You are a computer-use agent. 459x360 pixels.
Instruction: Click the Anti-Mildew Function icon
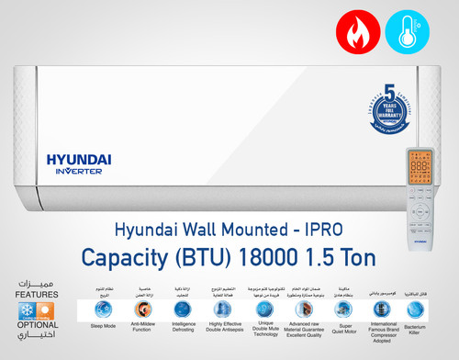141,310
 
